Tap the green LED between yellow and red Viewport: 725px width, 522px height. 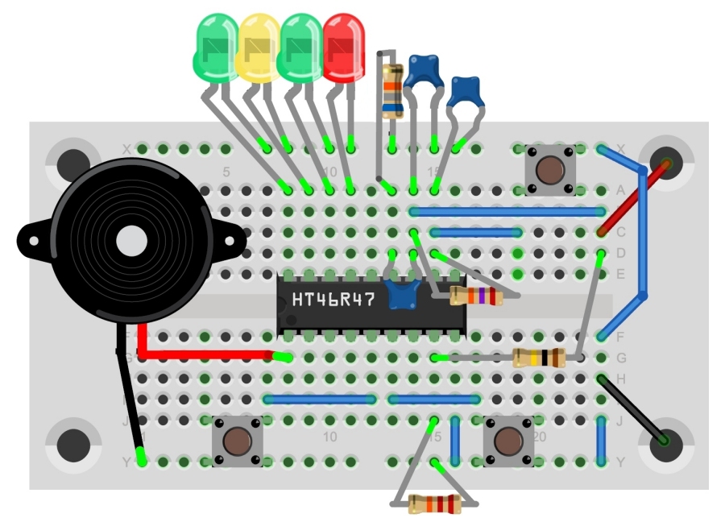pyautogui.click(x=301, y=47)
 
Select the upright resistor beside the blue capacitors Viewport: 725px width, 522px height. pyautogui.click(x=392, y=89)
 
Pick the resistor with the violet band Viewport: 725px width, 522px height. pyautogui.click(x=476, y=297)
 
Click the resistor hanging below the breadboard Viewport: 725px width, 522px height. pyautogui.click(x=434, y=505)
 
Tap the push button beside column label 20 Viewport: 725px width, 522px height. pyautogui.click(x=508, y=441)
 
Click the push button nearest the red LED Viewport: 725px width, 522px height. pyautogui.click(x=550, y=170)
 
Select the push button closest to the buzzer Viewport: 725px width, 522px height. pyautogui.click(x=237, y=441)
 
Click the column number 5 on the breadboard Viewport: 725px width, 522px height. pyautogui.click(x=226, y=172)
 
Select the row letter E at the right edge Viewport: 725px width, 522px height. pyautogui.click(x=620, y=274)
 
